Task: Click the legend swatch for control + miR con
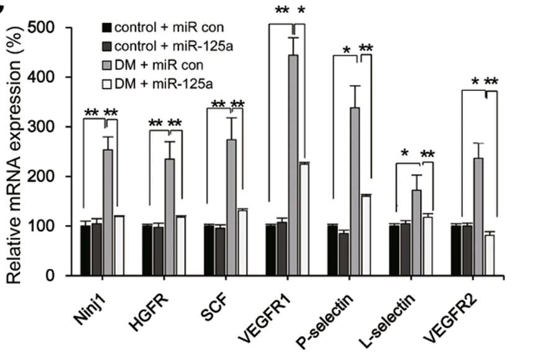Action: tap(107, 27)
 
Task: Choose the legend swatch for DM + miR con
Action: tap(107, 64)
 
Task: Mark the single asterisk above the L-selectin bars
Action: tap(404, 153)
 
